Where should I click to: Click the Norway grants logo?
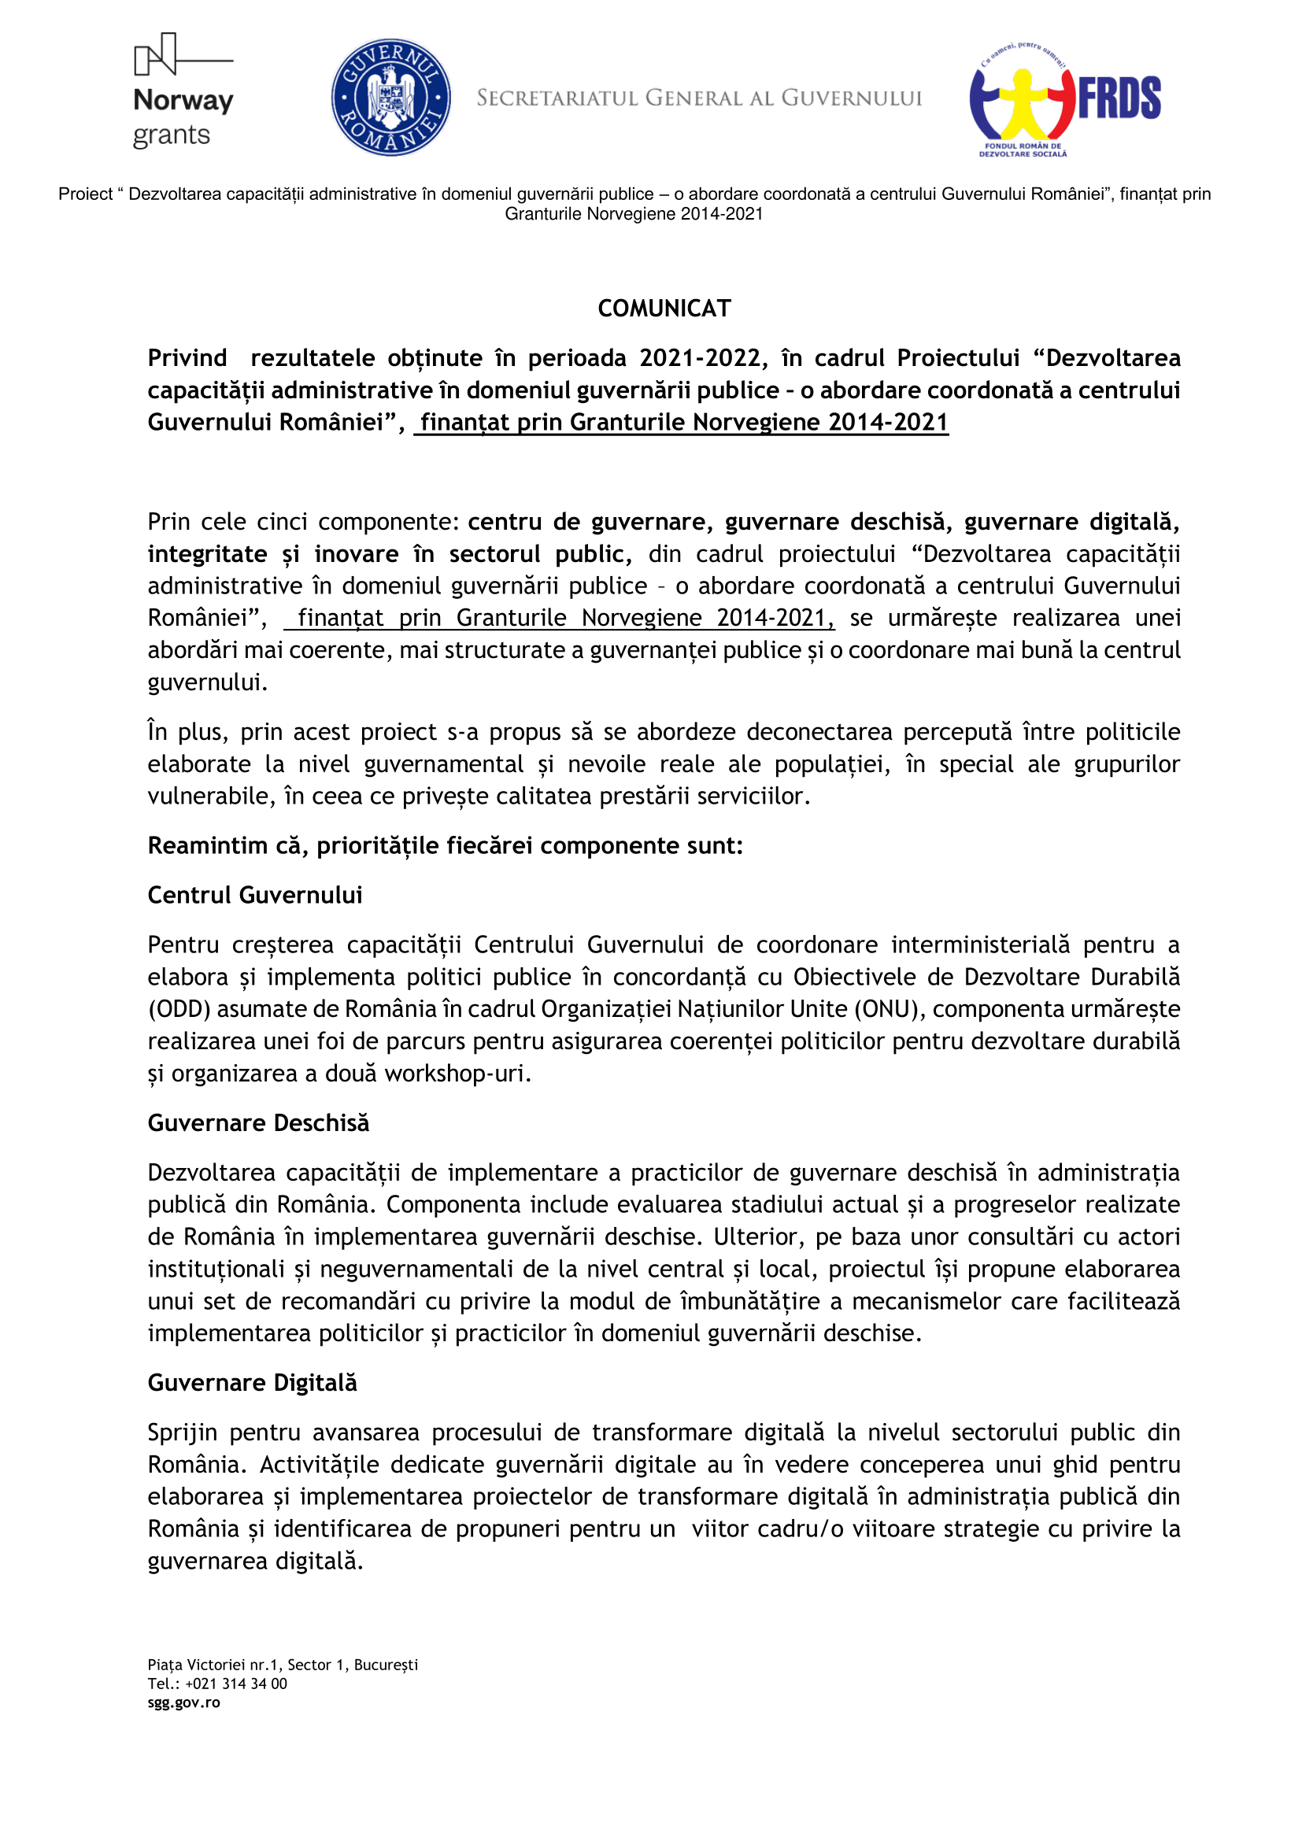(x=183, y=91)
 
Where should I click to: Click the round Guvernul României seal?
(x=390, y=97)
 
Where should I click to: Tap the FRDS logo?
(x=1065, y=99)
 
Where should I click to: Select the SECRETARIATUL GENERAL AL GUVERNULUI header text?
(x=699, y=98)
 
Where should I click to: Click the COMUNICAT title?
(x=664, y=309)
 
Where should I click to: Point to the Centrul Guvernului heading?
(x=255, y=895)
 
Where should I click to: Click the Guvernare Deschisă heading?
(x=258, y=1122)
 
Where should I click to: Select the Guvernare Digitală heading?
(x=253, y=1382)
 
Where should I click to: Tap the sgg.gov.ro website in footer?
(x=183, y=1702)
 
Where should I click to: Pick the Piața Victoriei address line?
(x=283, y=1665)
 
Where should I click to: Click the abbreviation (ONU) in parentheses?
(x=886, y=1009)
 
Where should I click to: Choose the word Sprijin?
(x=182, y=1432)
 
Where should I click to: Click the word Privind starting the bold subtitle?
(x=187, y=357)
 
